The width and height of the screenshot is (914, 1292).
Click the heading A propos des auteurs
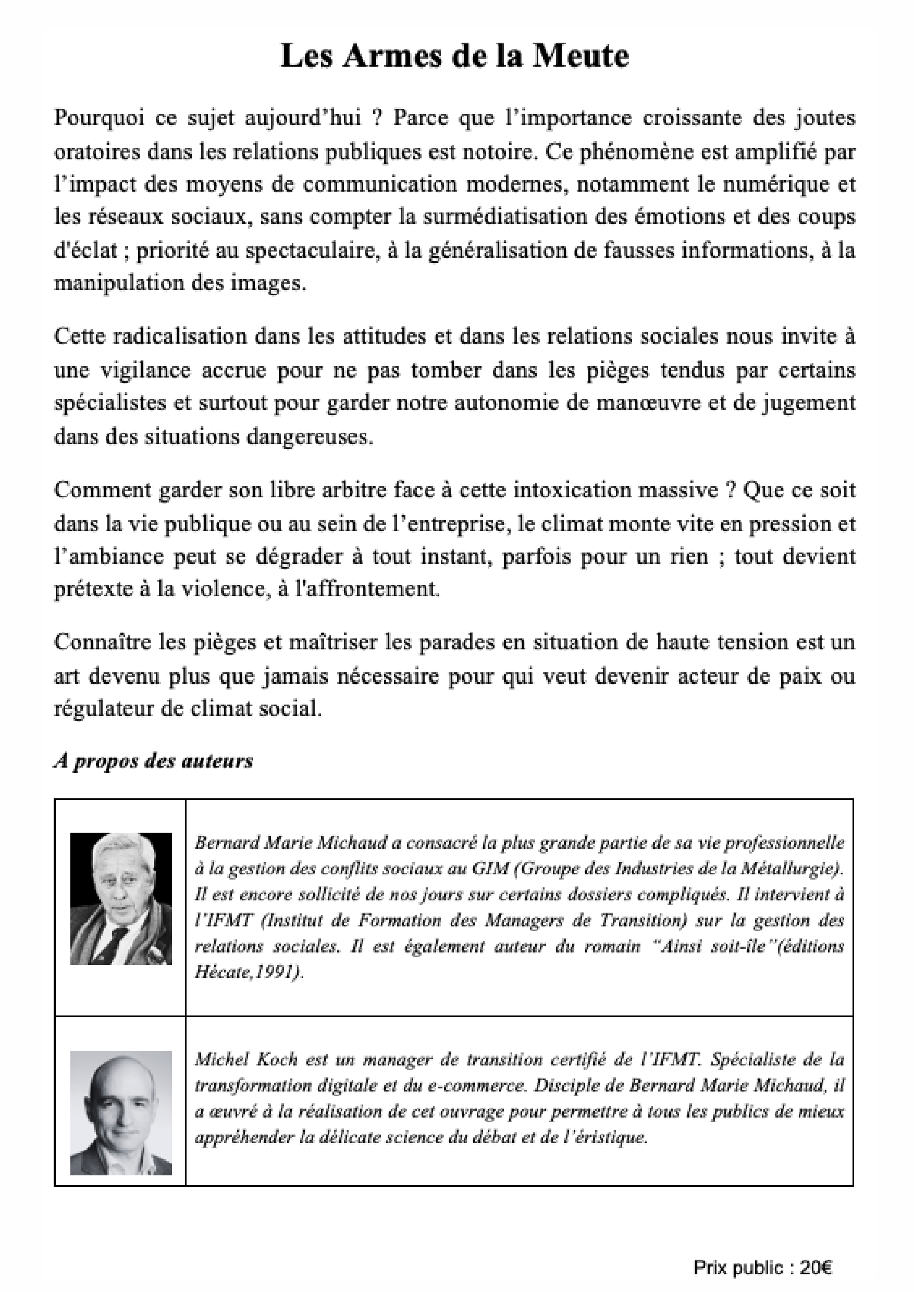point(154,761)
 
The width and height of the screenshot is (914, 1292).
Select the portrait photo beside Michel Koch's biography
point(120,1113)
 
